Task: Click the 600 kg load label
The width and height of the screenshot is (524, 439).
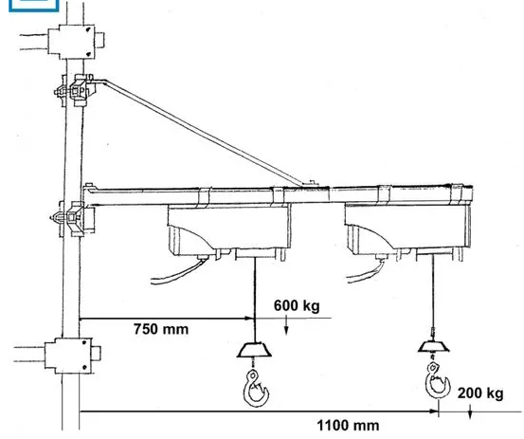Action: click(x=297, y=305)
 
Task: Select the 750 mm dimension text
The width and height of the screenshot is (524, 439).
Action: click(x=161, y=329)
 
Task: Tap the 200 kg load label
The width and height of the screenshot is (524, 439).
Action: click(x=480, y=393)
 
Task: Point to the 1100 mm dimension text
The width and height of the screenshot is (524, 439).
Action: click(x=348, y=426)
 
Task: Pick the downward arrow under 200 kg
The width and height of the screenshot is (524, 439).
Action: click(x=470, y=412)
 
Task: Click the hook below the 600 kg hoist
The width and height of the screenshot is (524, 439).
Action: click(x=256, y=389)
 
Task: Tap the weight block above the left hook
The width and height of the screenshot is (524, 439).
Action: click(x=254, y=350)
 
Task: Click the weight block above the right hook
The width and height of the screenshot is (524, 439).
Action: click(x=433, y=346)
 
